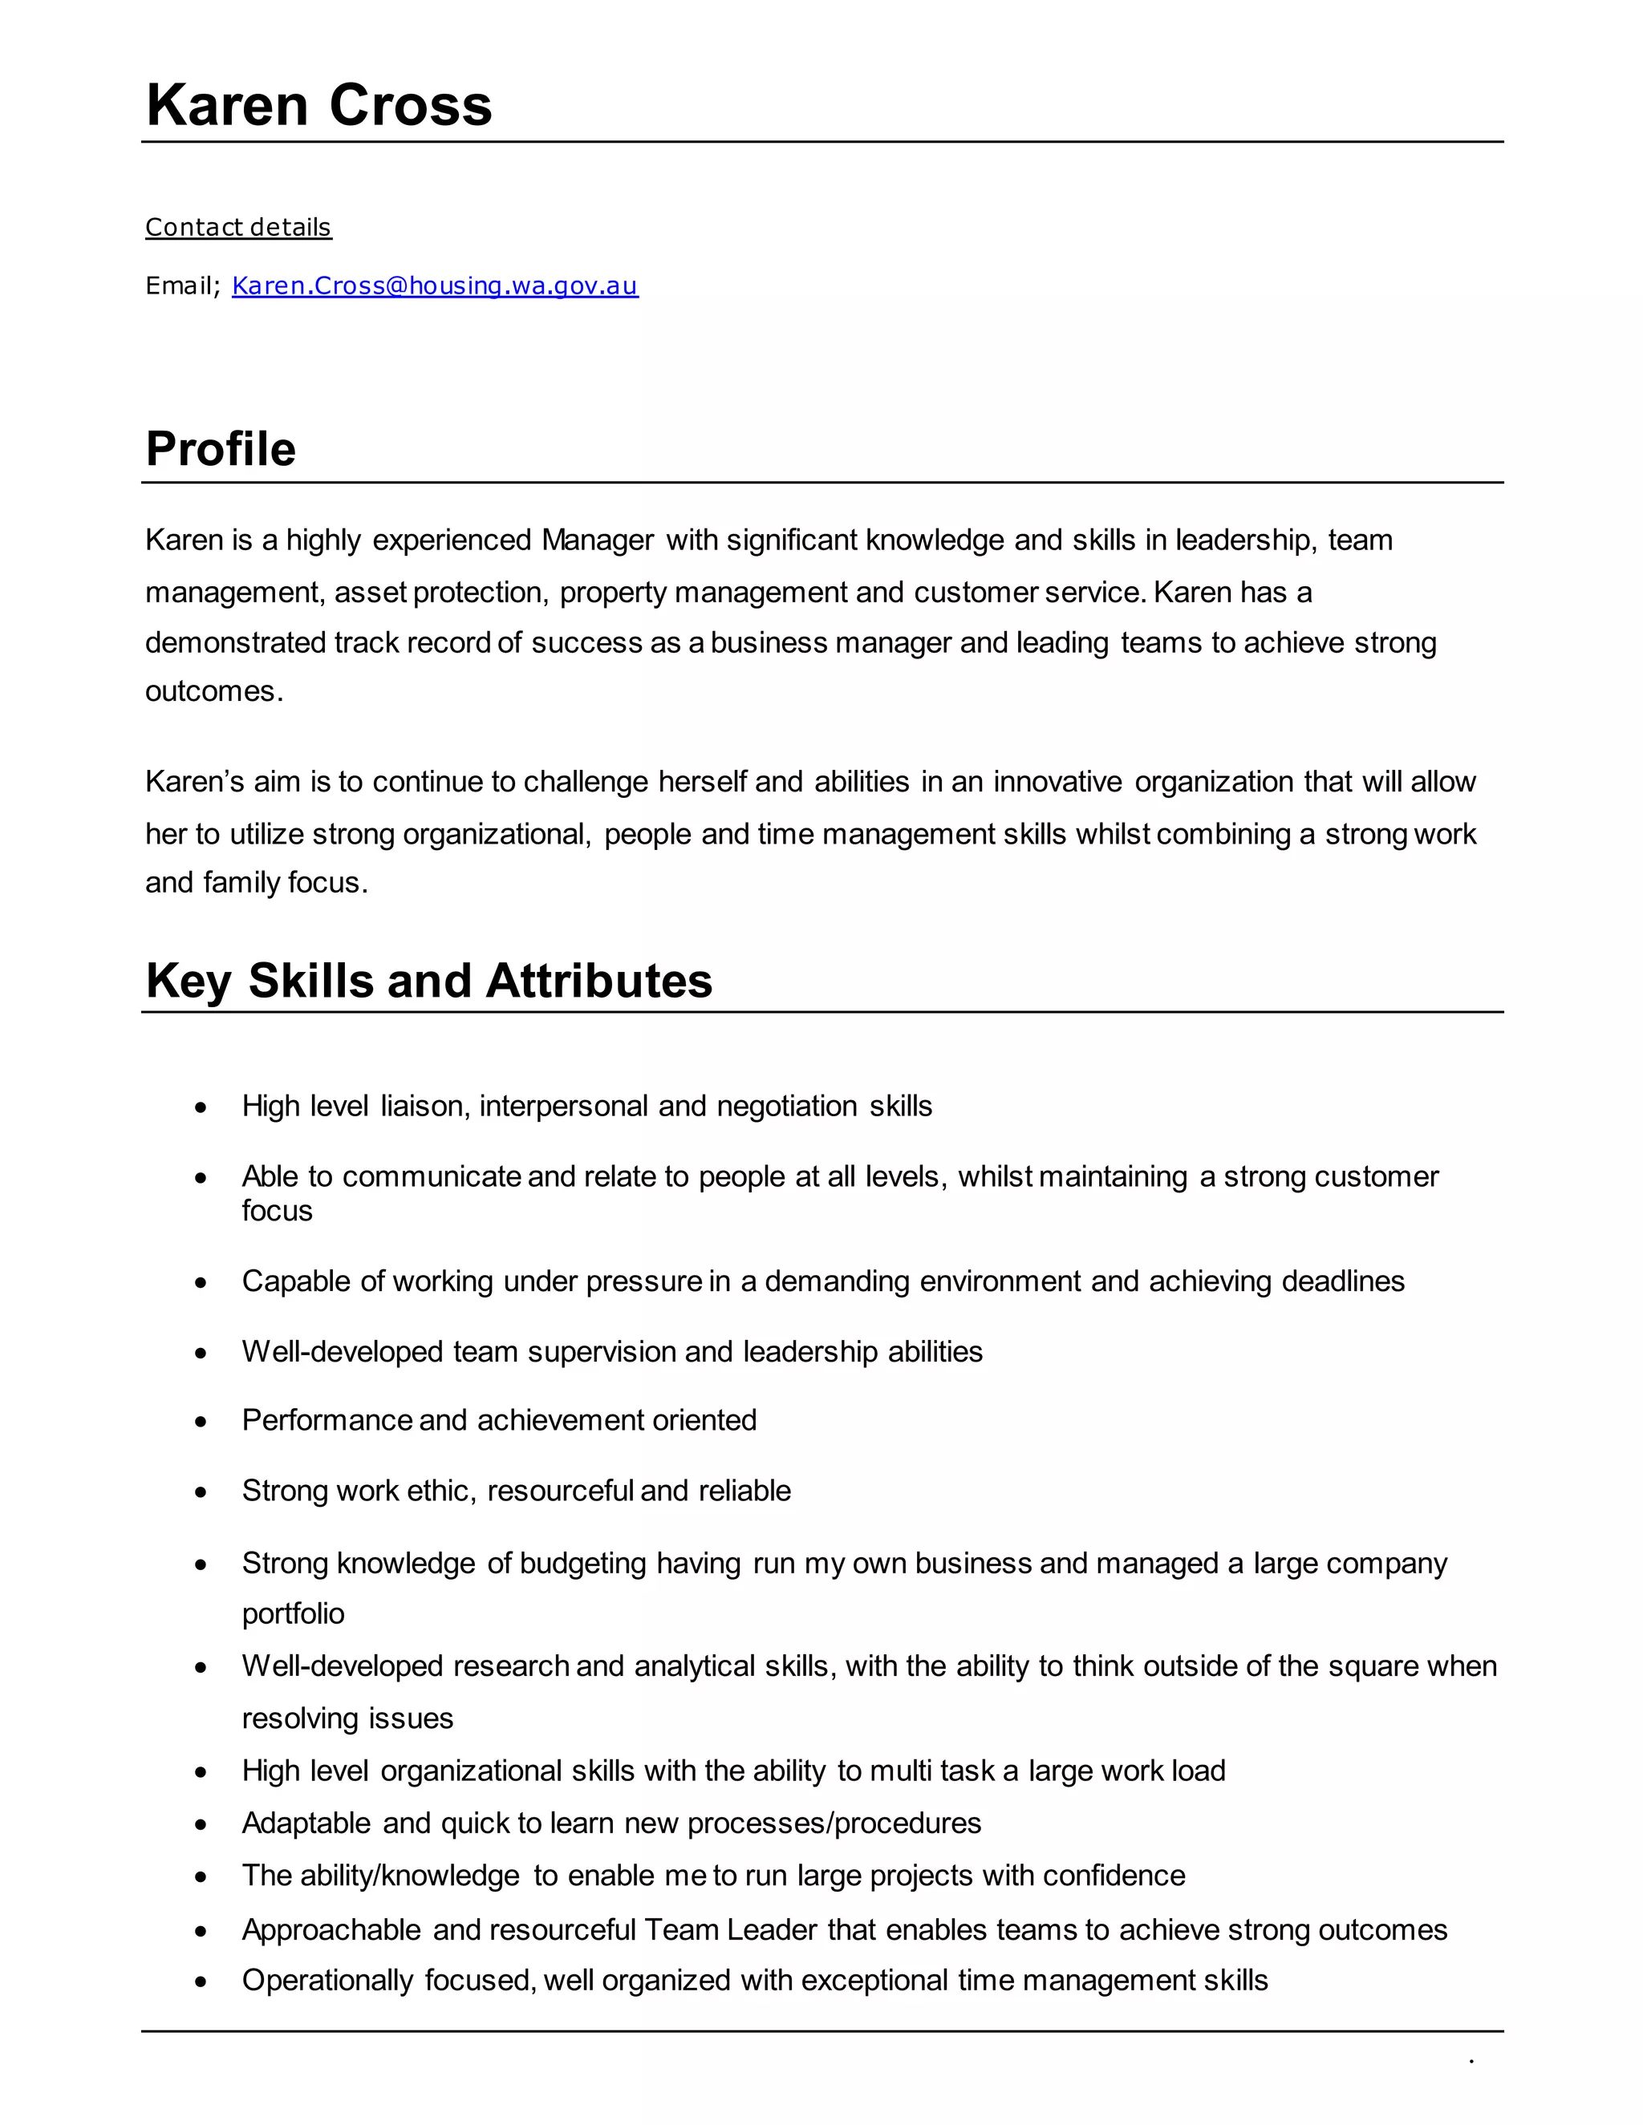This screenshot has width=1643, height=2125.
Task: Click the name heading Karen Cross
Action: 318,105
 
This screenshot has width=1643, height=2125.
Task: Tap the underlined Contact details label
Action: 238,228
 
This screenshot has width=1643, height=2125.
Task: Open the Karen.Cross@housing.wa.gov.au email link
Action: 435,286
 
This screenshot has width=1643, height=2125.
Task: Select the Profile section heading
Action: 221,450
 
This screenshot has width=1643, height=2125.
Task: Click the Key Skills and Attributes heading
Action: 428,981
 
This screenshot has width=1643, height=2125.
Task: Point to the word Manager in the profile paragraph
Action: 598,540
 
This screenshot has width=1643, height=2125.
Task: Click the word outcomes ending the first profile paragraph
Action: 213,692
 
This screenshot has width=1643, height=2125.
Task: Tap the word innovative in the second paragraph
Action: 1057,783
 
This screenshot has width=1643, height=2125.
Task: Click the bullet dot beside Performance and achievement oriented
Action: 201,1422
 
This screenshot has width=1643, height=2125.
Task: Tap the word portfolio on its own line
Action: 293,1614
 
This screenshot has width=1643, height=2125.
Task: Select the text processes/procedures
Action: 834,1823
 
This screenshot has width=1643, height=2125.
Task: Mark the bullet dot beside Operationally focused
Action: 201,1982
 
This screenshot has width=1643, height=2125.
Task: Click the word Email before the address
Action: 180,286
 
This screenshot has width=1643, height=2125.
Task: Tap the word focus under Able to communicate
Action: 278,1212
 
